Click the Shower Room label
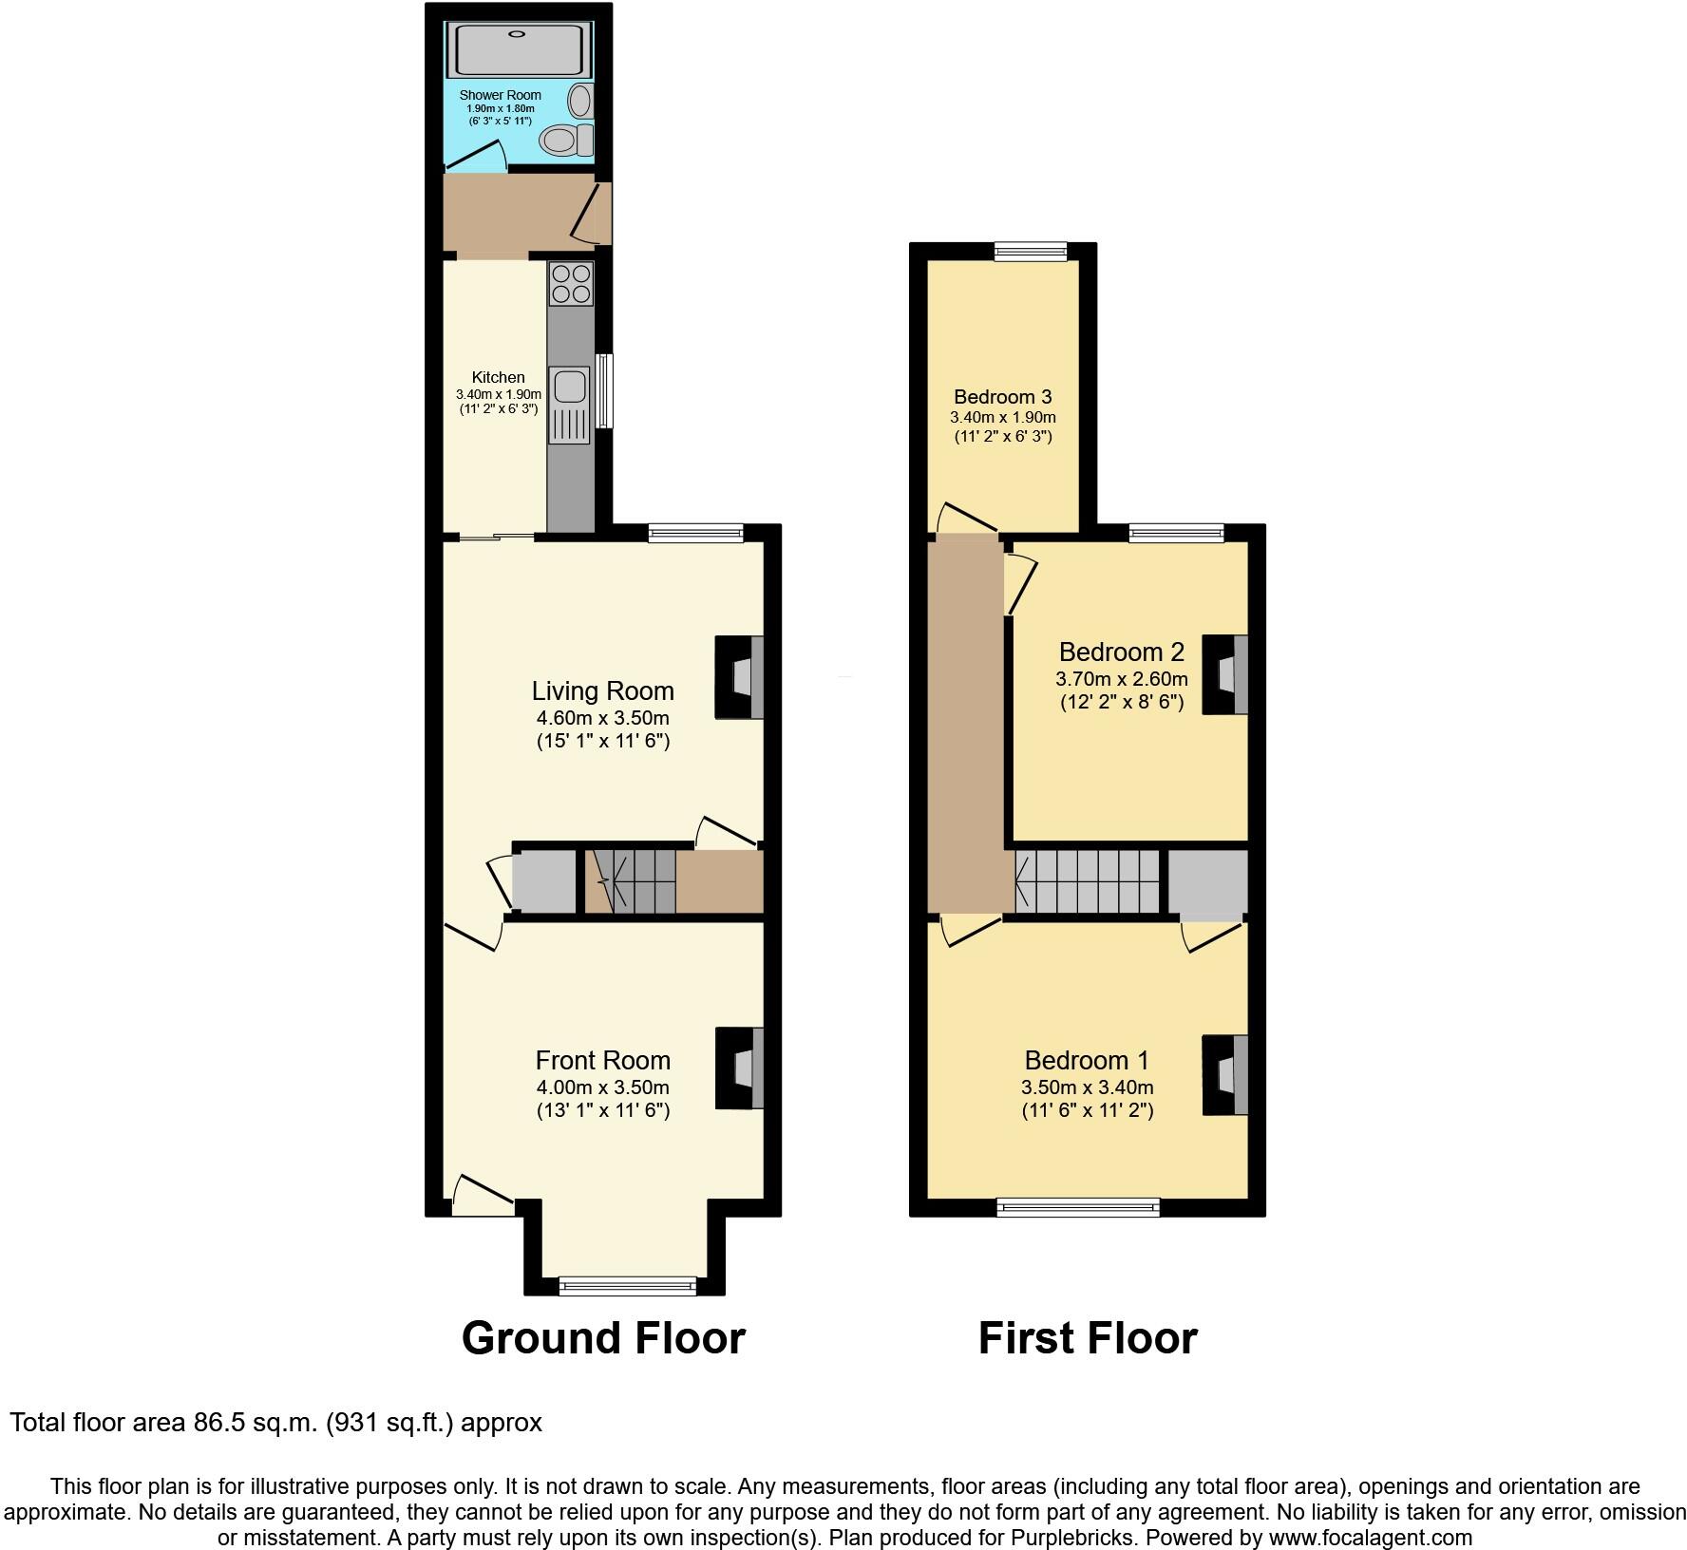click(500, 95)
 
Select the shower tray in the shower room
click(518, 50)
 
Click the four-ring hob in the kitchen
click(571, 283)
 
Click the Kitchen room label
click(498, 377)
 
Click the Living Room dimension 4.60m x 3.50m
click(602, 717)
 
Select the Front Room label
click(602, 1060)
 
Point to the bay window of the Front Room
click(627, 1286)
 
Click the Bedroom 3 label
click(1002, 397)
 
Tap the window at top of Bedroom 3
click(1031, 252)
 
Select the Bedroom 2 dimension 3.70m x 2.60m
click(1121, 679)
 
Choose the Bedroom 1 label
click(1087, 1060)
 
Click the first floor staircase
click(1089, 880)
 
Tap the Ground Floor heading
click(603, 1338)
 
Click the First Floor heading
click(1088, 1338)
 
